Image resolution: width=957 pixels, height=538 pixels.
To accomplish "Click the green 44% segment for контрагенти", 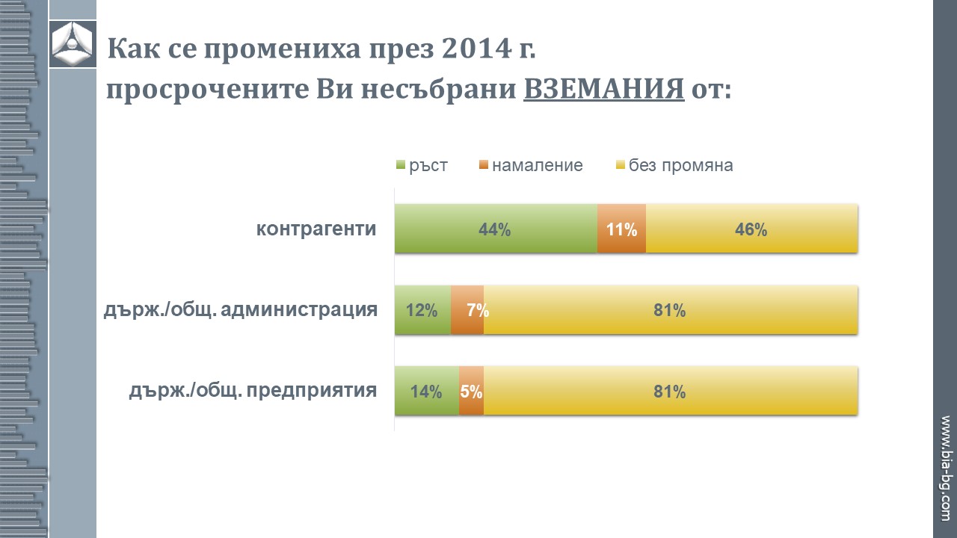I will coord(496,229).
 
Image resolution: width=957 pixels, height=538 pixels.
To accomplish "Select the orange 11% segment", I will coord(621,229).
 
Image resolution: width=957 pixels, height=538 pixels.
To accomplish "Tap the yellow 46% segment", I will coord(751,229).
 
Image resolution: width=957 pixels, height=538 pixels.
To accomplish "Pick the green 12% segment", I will coord(422,309).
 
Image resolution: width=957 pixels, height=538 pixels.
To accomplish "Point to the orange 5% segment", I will coord(471,391).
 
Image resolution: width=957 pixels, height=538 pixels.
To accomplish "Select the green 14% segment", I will coord(426,391).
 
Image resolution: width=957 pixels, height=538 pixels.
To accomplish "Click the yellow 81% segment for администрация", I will coord(670,309).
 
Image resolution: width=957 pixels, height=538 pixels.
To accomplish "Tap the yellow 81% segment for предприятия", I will coord(670,391).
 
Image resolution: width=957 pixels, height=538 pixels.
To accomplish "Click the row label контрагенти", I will coord(316,229).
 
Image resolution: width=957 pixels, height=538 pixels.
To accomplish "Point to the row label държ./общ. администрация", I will coord(240,309).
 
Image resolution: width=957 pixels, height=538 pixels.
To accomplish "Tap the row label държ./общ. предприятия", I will coord(253,391).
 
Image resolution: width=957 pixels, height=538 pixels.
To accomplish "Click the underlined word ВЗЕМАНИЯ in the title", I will coord(604,90).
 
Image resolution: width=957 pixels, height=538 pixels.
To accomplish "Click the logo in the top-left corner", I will coord(73,44).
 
